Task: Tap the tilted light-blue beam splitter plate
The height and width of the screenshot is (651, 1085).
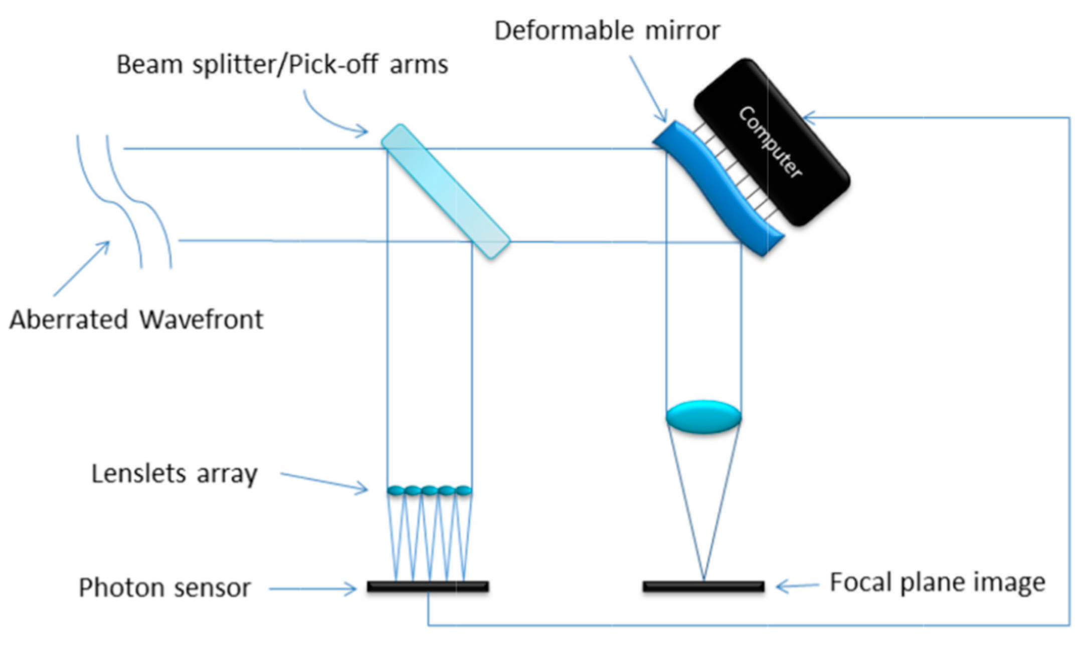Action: coord(446,191)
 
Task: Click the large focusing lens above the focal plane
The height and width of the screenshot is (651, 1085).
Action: coord(703,416)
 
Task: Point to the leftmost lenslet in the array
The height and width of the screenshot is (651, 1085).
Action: coord(396,490)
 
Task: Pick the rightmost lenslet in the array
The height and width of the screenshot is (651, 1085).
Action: coord(463,490)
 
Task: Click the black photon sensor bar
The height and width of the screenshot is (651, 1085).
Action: coord(428,586)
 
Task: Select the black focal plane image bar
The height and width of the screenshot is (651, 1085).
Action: coord(703,586)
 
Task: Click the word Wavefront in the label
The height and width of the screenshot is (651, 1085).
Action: coord(201,320)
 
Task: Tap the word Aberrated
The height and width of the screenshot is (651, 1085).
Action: coord(69,320)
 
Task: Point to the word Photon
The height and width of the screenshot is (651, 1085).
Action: coord(117,588)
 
